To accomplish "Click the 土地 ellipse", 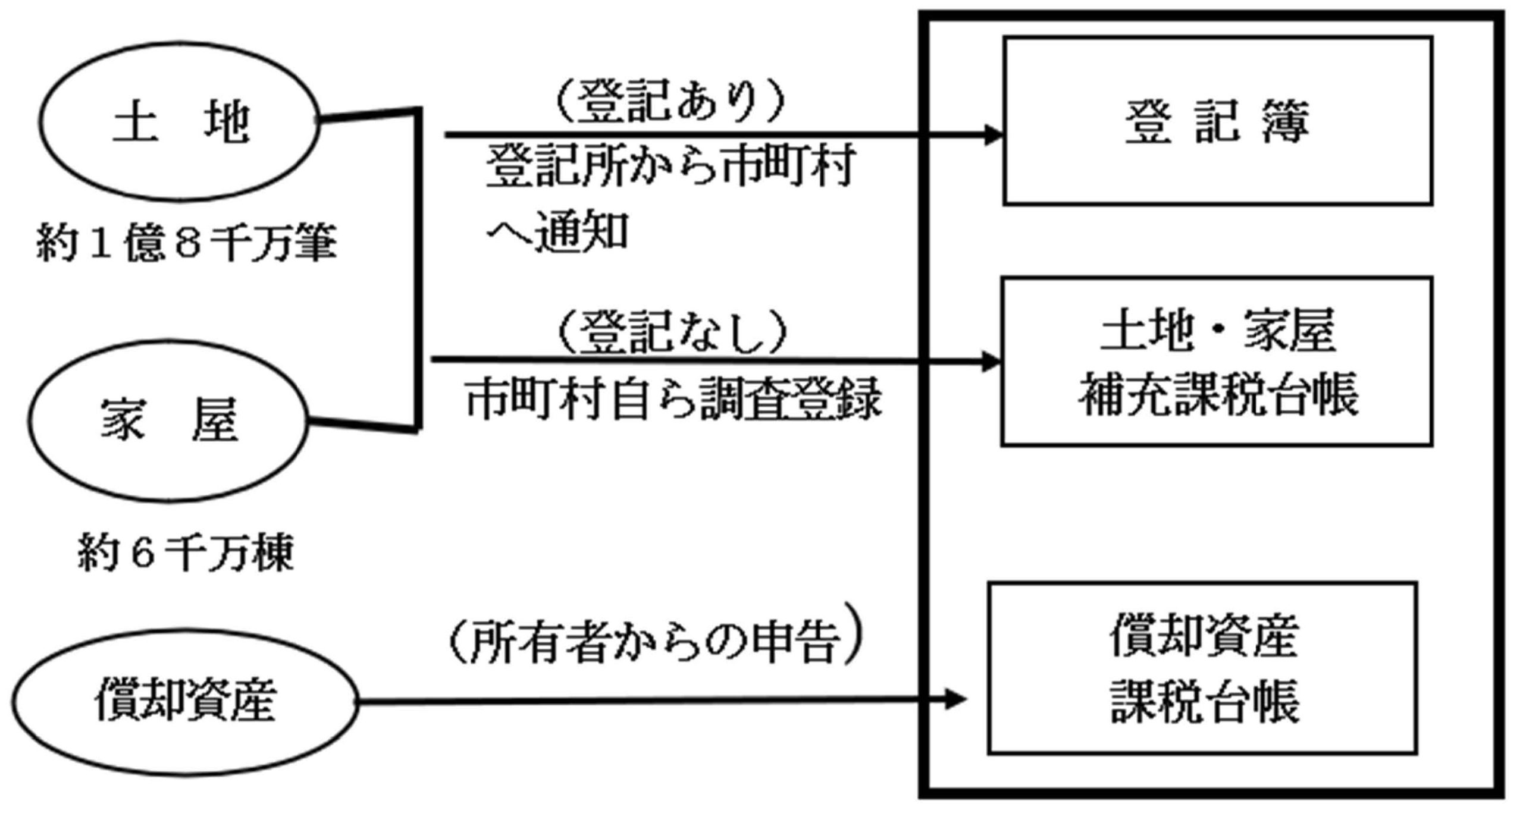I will (178, 122).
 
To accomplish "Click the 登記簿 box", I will (1217, 121).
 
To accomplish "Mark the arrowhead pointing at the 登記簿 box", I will (994, 135).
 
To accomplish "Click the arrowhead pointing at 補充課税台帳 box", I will (992, 361).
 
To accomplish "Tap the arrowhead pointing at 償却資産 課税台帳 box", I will (956, 699).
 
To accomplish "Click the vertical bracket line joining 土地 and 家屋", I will (419, 268).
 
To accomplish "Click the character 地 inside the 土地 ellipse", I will (226, 122).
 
